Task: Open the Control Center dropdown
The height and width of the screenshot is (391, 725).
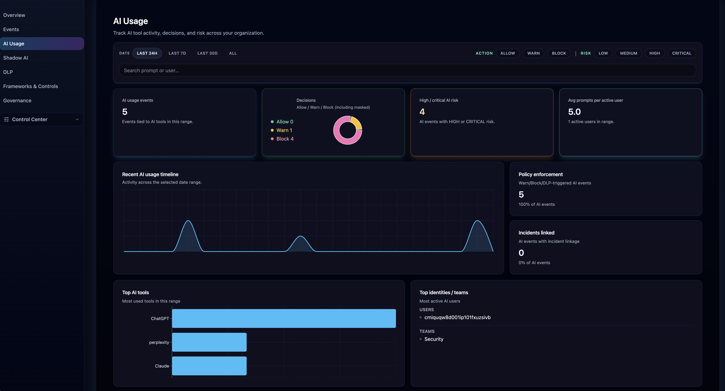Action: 42,119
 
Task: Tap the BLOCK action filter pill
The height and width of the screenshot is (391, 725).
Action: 559,53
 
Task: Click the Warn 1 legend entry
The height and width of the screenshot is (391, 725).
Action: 284,130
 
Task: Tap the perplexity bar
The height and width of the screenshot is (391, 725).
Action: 209,342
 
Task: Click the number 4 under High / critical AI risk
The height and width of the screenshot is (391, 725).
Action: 422,112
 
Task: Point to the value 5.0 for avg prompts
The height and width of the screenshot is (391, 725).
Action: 574,112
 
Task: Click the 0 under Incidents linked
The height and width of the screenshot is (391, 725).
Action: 521,253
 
